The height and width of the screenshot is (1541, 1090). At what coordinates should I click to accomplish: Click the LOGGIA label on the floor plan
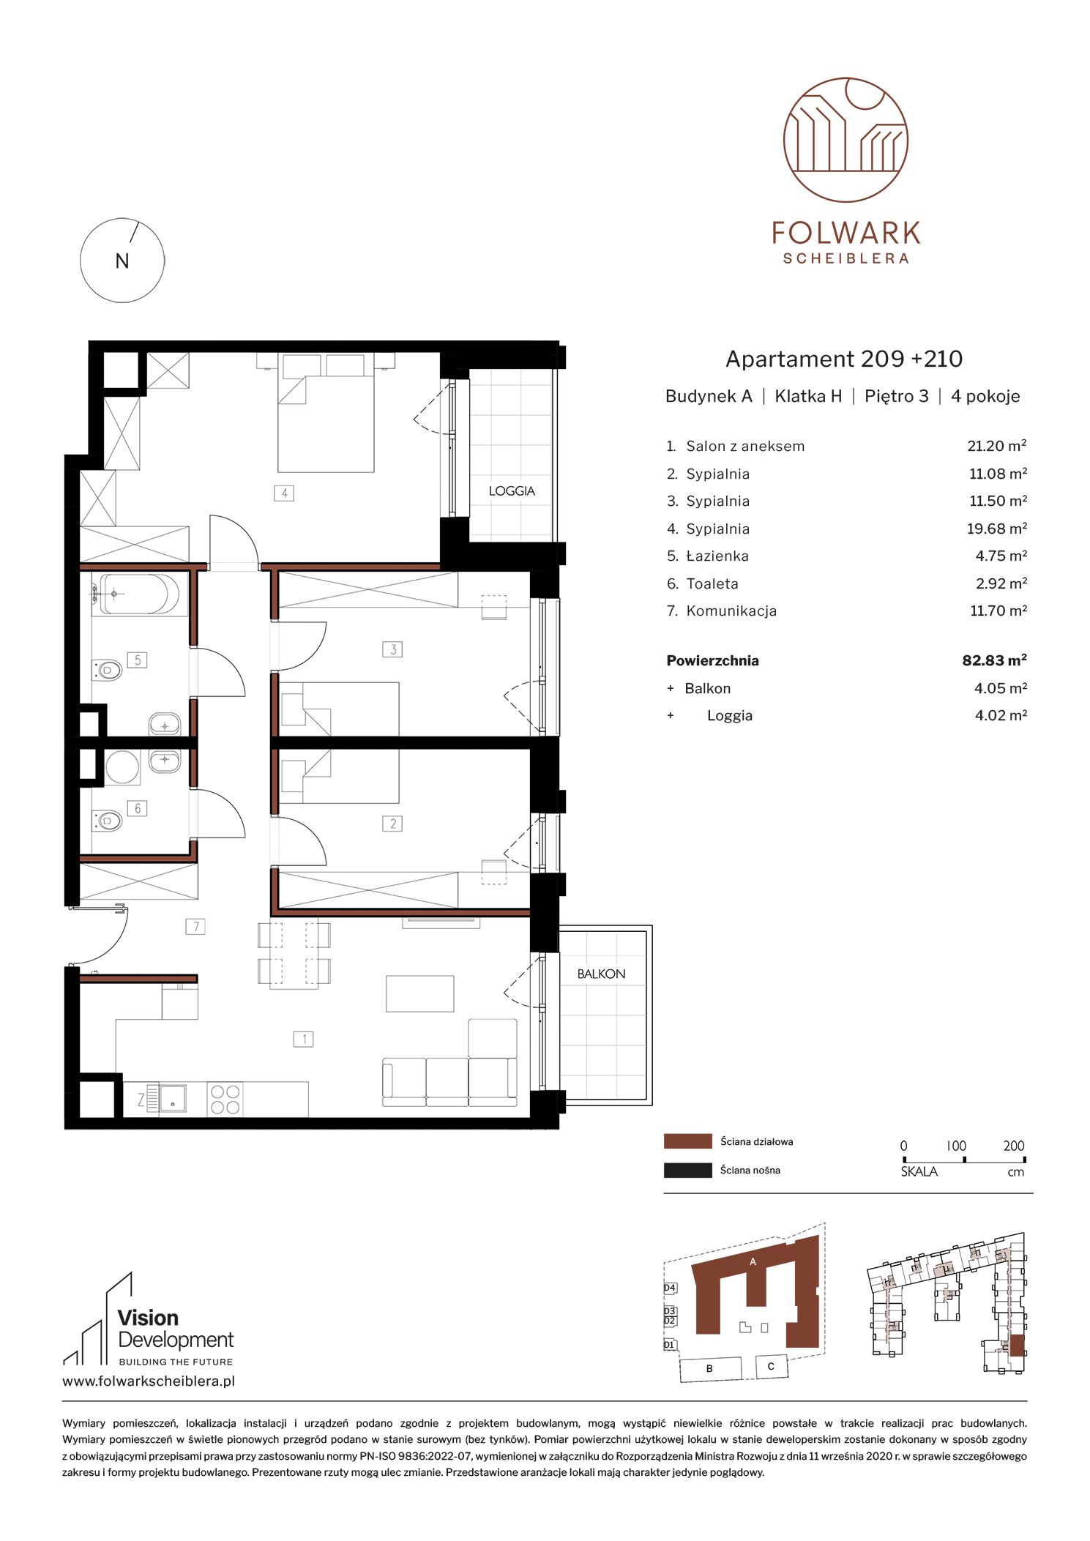pos(512,490)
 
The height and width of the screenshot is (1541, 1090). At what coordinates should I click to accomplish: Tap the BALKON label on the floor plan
pos(601,974)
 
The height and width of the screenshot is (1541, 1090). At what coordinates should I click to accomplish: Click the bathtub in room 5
pos(139,593)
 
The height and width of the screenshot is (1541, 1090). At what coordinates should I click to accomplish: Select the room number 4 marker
pos(284,493)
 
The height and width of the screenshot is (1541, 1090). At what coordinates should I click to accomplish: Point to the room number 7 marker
pos(195,927)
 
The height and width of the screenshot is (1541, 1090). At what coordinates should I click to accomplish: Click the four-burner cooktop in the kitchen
pos(225,1099)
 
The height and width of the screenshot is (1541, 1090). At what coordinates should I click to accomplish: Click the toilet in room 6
pos(108,821)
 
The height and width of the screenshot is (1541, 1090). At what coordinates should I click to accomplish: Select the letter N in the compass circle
pos(122,261)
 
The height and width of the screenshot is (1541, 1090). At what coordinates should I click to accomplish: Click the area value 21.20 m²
pos(996,446)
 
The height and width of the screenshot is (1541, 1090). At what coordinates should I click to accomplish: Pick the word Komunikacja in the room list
pos(731,611)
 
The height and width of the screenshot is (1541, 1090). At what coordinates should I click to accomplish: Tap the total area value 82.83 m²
pos(994,660)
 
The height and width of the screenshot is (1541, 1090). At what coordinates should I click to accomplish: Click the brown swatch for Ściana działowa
pos(687,1141)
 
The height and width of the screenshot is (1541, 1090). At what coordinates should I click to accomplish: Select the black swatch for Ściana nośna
pos(687,1170)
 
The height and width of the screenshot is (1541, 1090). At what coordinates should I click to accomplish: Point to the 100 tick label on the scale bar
pos(956,1146)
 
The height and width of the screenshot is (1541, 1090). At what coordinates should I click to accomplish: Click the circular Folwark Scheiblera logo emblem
pos(846,140)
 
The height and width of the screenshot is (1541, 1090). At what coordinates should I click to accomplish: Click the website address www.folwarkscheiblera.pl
pos(149,1381)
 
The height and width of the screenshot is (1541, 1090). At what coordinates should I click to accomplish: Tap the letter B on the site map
pos(709,1368)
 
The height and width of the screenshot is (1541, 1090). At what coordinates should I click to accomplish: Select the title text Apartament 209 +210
pos(844,359)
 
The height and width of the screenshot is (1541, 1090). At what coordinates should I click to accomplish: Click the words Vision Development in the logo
pos(176,1329)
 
